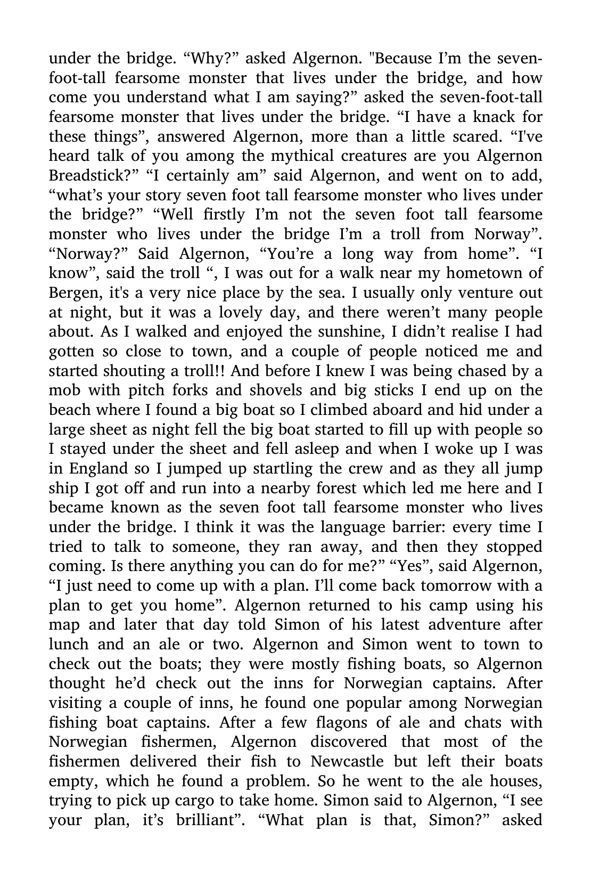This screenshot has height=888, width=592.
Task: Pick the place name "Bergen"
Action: [71, 292]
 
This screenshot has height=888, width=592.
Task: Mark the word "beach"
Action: [71, 410]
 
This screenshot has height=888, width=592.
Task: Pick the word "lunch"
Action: [69, 645]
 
